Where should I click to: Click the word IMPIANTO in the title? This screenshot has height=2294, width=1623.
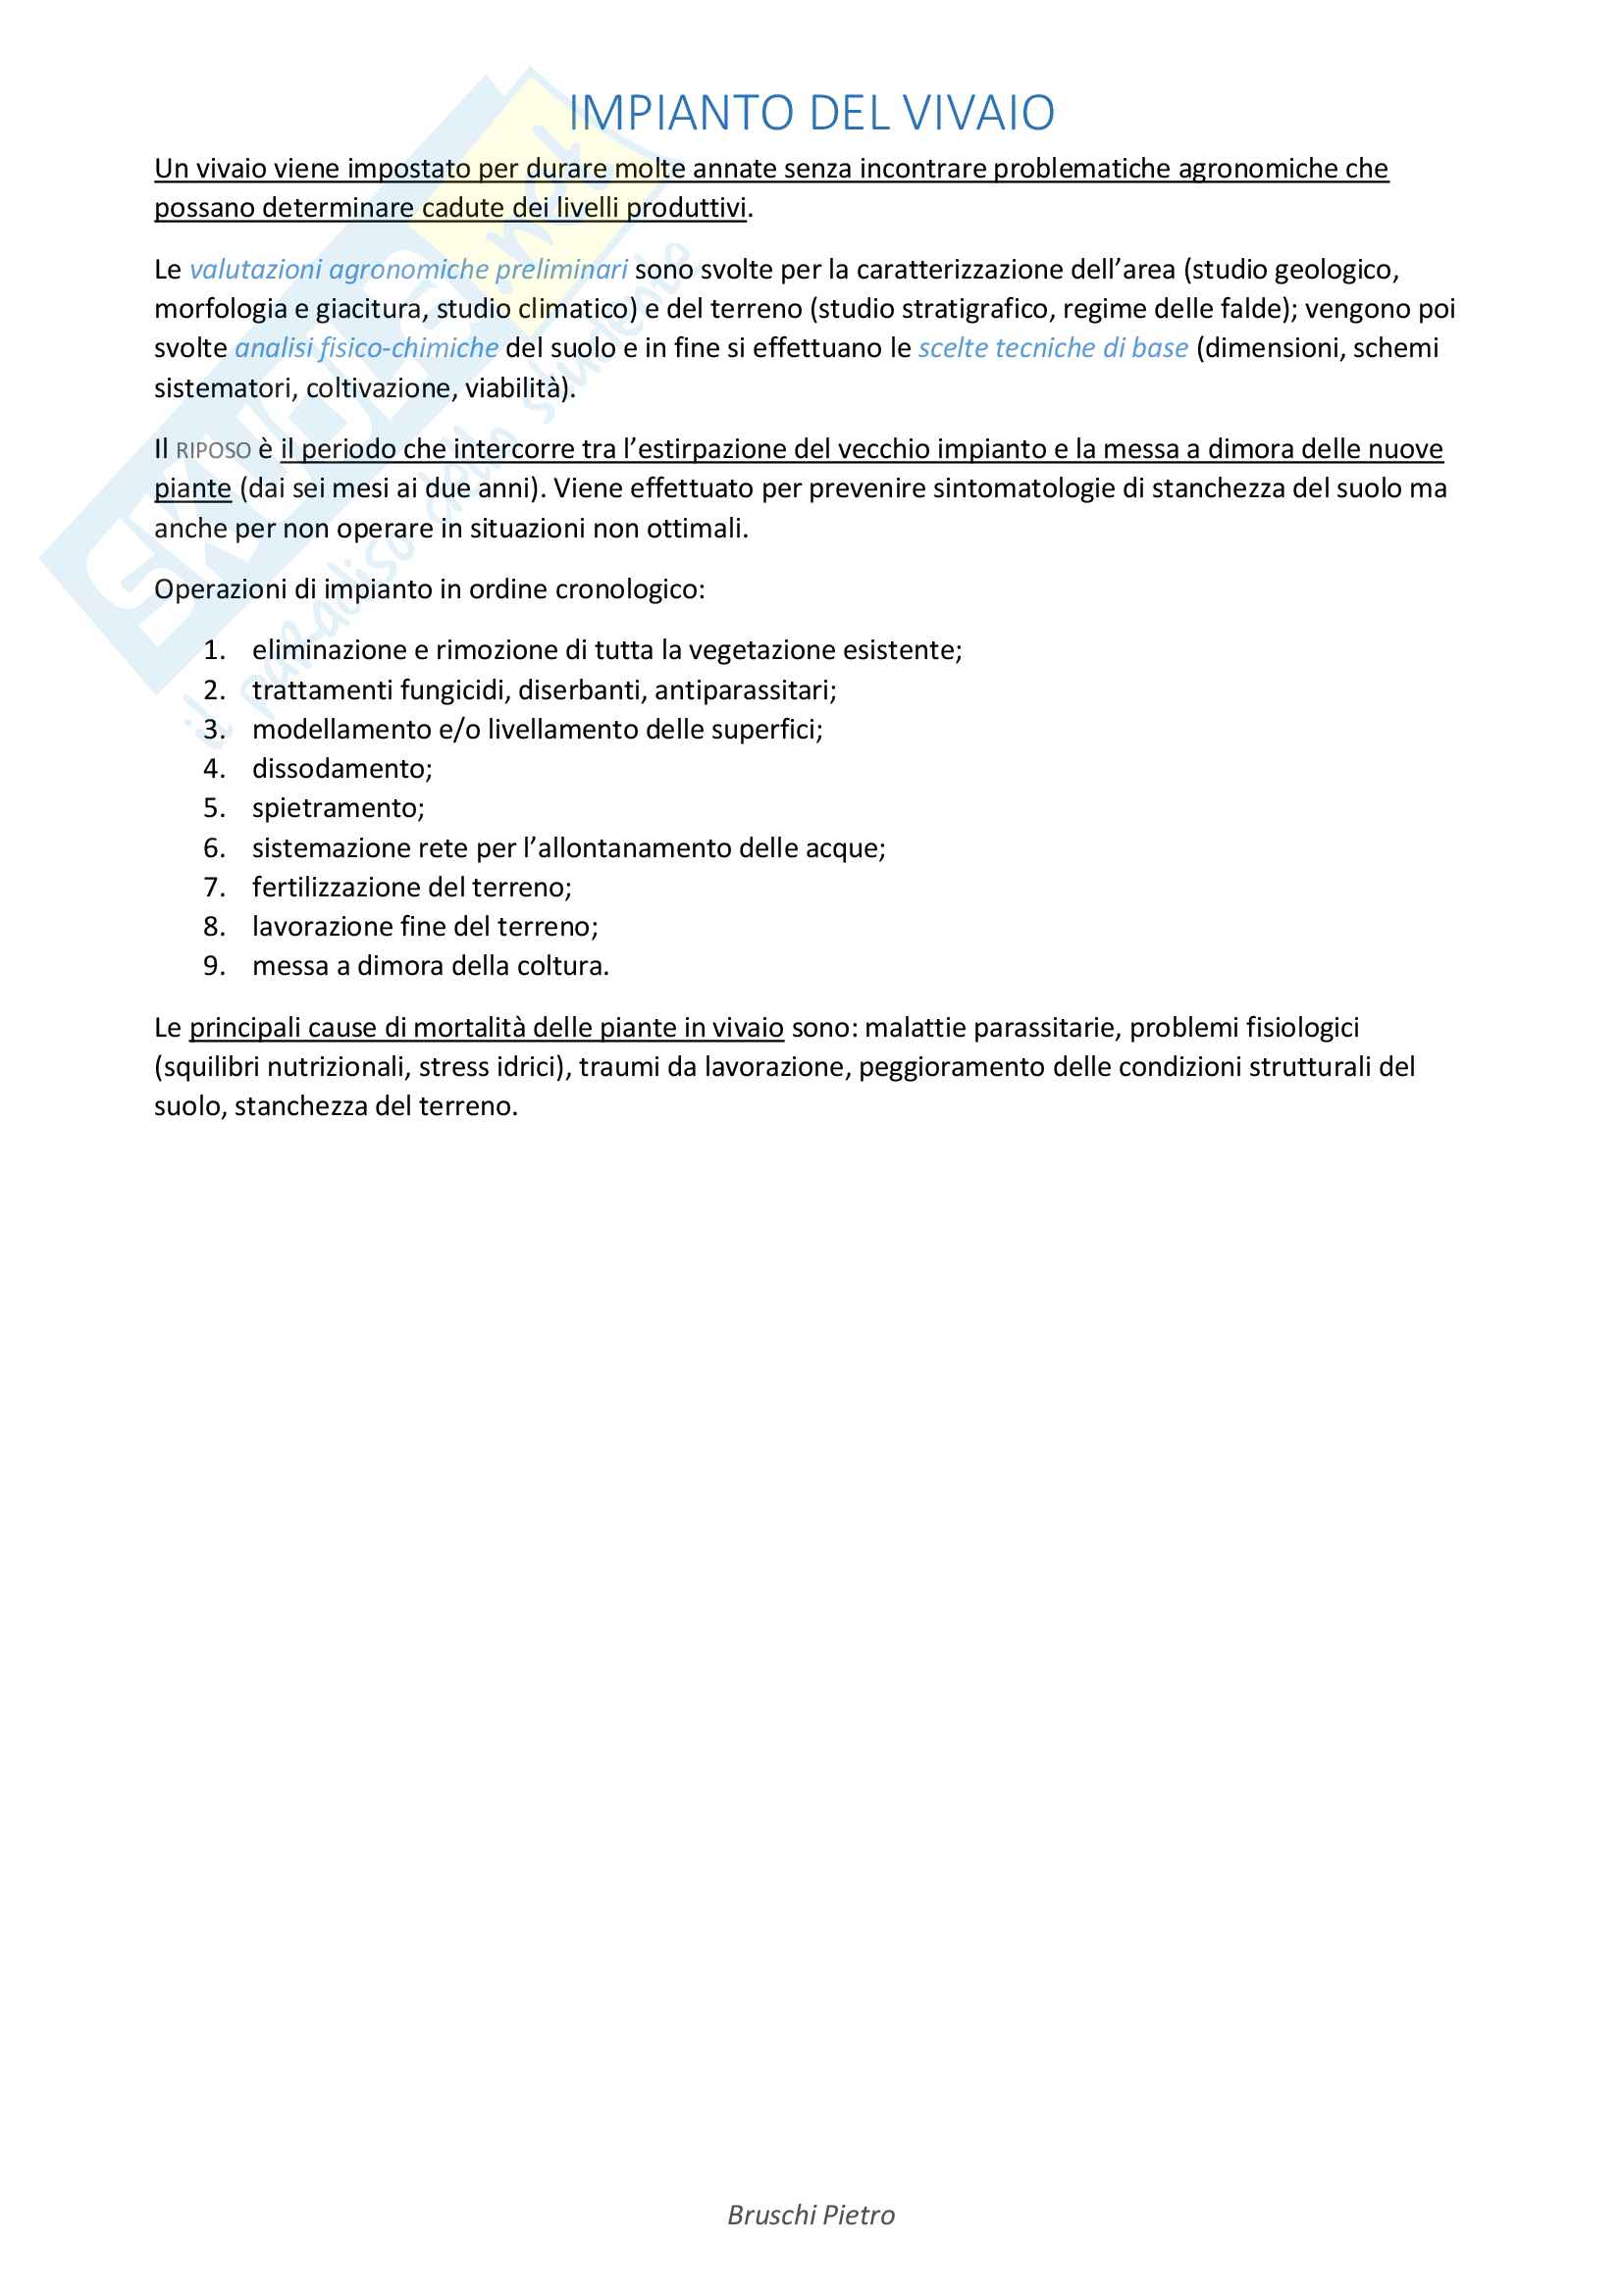tap(684, 113)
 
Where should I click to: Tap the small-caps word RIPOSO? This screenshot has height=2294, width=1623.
tap(213, 450)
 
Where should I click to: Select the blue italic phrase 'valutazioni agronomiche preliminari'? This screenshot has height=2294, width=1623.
tap(408, 270)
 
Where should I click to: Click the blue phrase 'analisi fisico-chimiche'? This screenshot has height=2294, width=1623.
tap(366, 348)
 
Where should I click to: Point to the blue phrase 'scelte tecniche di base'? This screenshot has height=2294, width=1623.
tap(1052, 348)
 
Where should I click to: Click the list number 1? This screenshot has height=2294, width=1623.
tap(214, 650)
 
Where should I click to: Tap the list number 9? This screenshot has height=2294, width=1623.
tap(214, 966)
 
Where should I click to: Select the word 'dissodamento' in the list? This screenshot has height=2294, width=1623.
tap(340, 768)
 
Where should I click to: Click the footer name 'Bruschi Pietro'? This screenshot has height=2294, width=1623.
tap(811, 2216)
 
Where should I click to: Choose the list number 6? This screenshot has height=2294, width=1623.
tap(214, 848)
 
